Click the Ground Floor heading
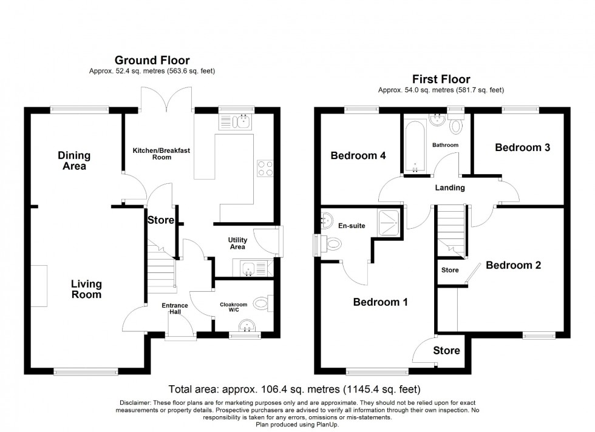[x=152, y=60]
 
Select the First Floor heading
[x=441, y=79]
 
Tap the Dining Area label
[x=74, y=161]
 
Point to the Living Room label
[x=86, y=289]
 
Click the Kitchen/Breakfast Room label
[x=161, y=154]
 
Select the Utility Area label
[x=237, y=243]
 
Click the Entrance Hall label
[x=174, y=309]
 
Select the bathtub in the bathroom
[x=416, y=145]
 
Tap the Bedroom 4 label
[x=358, y=156]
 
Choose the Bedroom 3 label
[x=522, y=147]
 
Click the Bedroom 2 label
[x=513, y=265]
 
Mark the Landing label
[x=450, y=187]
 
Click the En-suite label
[x=350, y=226]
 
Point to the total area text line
[x=294, y=389]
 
